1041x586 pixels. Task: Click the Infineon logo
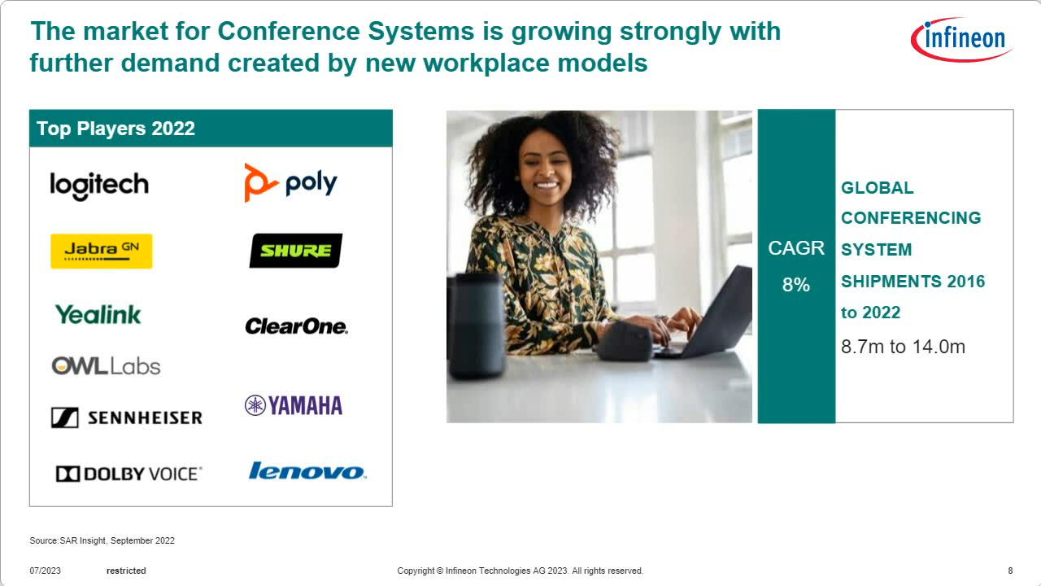pos(961,39)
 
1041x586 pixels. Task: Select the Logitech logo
pos(99,186)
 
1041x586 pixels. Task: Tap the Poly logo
pos(290,183)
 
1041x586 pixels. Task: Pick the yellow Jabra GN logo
pos(102,251)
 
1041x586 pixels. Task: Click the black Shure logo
pos(296,251)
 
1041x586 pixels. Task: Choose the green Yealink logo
pos(98,314)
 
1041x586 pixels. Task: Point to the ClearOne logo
pos(297,326)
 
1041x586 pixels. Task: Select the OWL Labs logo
pos(106,366)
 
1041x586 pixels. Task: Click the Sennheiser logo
pos(127,418)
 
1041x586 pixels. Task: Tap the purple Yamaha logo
pos(294,405)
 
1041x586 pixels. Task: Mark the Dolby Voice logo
pos(128,474)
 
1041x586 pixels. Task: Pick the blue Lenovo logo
pos(307,470)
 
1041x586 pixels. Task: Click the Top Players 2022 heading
pos(115,129)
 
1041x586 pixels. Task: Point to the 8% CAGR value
pos(795,285)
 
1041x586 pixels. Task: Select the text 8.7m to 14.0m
pos(903,347)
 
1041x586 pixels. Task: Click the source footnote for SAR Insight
pos(102,540)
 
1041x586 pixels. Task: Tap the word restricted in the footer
pos(126,571)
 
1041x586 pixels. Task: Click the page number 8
pos(1010,571)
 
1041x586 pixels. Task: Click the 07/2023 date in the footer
pos(45,571)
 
